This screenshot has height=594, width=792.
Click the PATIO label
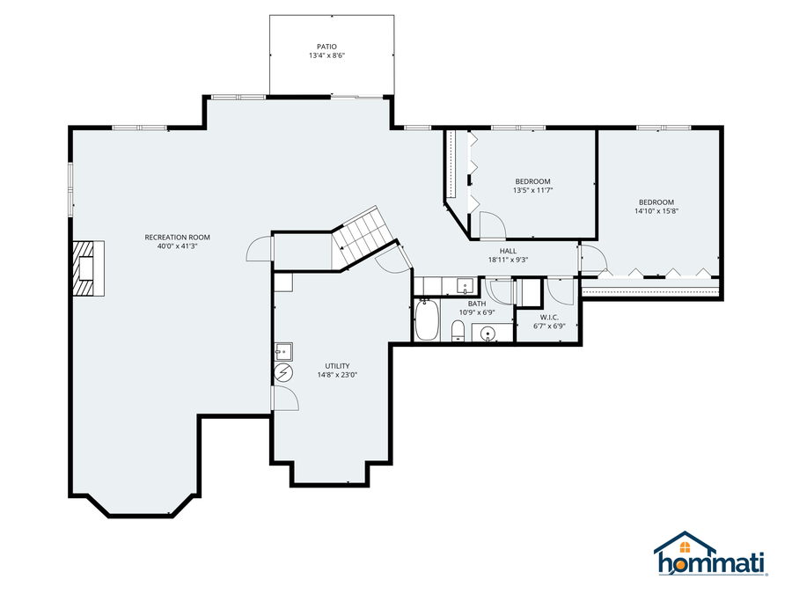coord(326,47)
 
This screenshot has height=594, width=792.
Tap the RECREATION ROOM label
coord(178,237)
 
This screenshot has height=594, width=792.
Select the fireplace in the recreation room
coord(88,268)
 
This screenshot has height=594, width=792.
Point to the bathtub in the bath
coord(427,320)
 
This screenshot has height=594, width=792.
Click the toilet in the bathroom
coord(458,332)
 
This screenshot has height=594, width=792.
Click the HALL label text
coord(508,251)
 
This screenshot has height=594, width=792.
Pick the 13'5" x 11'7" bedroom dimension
coord(532,190)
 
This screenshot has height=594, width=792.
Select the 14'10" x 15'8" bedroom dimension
coord(656,210)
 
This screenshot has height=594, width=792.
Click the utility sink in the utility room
coord(282,351)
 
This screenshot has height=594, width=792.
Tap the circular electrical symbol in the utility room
coord(282,373)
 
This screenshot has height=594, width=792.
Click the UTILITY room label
coord(337,365)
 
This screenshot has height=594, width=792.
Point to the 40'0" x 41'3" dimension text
coord(178,246)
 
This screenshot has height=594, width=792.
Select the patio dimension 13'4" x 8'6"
coord(326,56)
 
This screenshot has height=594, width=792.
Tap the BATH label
coord(476,303)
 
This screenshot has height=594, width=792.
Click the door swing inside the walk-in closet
coord(560,290)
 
